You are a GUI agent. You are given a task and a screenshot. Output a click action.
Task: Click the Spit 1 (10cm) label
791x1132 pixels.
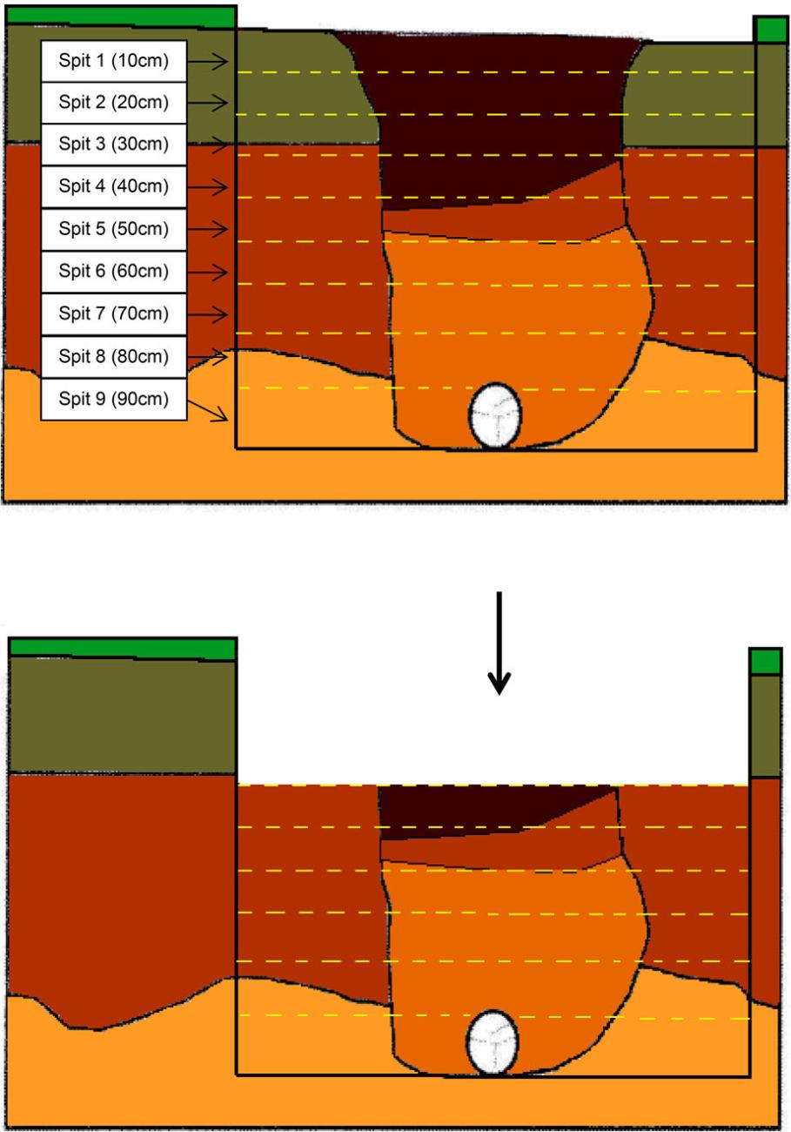114,61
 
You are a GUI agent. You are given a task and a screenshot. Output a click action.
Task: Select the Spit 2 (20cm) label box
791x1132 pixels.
114,103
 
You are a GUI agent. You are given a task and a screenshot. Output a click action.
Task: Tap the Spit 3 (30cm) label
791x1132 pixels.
114,145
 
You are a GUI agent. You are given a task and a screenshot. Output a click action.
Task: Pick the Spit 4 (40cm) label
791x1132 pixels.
114,186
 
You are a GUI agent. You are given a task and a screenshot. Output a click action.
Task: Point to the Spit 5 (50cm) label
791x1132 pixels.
114,229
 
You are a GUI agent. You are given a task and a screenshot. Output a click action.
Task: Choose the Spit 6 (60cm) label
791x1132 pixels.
114,272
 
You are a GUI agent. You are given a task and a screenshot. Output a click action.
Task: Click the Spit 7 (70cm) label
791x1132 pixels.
114,313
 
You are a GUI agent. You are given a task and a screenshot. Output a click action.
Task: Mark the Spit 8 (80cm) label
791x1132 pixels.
114,357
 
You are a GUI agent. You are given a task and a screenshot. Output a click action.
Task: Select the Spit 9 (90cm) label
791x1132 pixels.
114,399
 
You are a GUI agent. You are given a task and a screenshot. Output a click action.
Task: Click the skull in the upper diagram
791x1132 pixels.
495,415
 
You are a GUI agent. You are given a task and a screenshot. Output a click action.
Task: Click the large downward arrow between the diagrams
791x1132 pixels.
499,643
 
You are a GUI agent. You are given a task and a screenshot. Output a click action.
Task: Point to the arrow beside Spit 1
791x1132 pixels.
208,61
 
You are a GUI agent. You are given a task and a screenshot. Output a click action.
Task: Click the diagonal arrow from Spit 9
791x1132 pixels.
208,411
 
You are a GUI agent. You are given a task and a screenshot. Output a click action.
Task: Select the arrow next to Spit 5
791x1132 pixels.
208,229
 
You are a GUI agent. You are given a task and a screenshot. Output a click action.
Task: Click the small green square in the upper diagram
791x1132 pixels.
769,30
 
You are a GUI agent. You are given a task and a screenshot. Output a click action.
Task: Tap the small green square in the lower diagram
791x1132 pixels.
766,662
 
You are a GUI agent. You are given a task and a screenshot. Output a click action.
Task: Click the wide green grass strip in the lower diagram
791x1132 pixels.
123,649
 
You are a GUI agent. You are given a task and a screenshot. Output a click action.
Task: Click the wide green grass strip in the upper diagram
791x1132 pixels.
121,16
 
